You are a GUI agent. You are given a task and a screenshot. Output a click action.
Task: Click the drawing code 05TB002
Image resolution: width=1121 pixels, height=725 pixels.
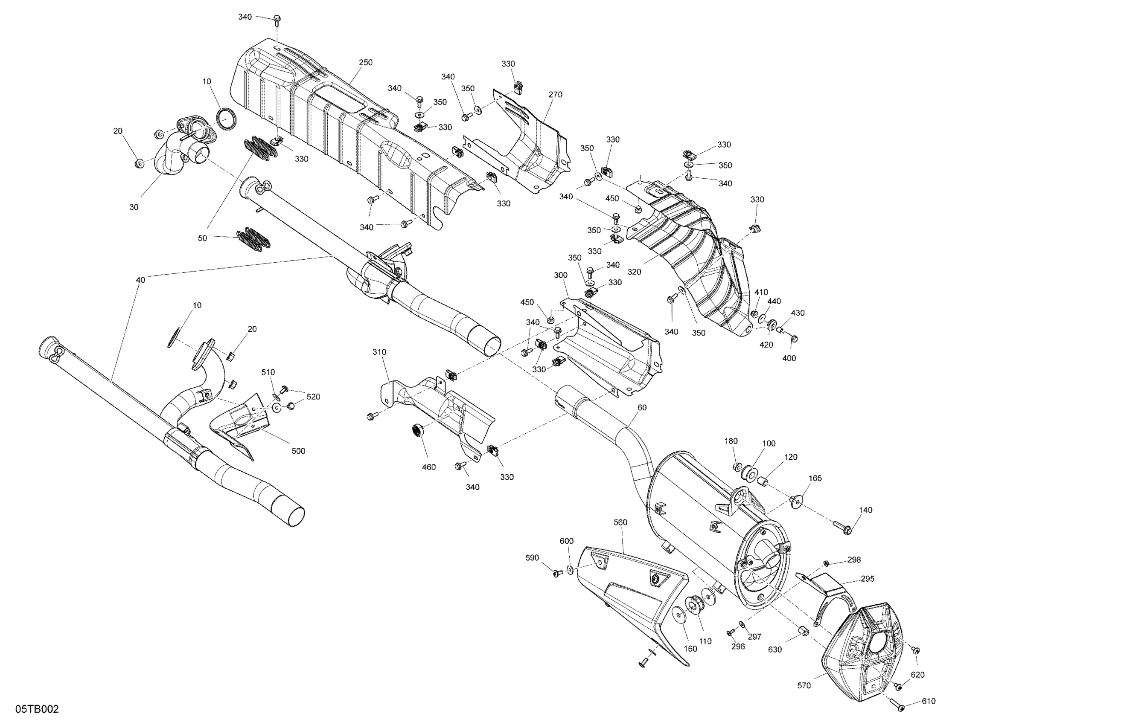point(37,709)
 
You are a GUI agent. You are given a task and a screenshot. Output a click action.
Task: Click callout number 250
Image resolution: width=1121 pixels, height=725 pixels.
point(366,63)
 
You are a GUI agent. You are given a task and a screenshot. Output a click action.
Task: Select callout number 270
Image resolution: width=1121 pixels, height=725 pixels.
point(555,95)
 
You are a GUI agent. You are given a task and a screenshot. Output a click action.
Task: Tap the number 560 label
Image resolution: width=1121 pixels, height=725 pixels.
point(621,522)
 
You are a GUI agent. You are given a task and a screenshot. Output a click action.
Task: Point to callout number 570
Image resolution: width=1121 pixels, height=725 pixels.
point(804,686)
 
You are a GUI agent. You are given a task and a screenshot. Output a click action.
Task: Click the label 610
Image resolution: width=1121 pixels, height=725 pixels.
point(929,702)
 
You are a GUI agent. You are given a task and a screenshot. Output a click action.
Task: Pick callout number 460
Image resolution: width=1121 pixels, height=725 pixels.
point(428,467)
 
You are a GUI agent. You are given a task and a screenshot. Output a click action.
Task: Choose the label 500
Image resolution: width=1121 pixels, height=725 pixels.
point(298,451)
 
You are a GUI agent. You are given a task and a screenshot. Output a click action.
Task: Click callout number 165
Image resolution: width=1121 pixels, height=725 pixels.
point(815,478)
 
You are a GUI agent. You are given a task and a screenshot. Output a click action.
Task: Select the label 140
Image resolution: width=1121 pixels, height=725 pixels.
point(866,510)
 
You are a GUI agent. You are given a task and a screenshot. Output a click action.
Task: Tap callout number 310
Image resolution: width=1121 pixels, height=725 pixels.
point(379,352)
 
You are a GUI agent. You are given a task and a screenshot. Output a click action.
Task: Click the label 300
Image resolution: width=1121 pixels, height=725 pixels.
point(561,275)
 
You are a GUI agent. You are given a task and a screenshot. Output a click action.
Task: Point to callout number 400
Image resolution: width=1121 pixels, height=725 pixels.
point(789,358)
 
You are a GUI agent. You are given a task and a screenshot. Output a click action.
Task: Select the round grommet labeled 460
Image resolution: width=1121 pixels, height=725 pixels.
point(417,430)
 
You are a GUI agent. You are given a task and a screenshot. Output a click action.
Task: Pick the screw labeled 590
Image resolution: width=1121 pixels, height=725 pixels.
point(559,572)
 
